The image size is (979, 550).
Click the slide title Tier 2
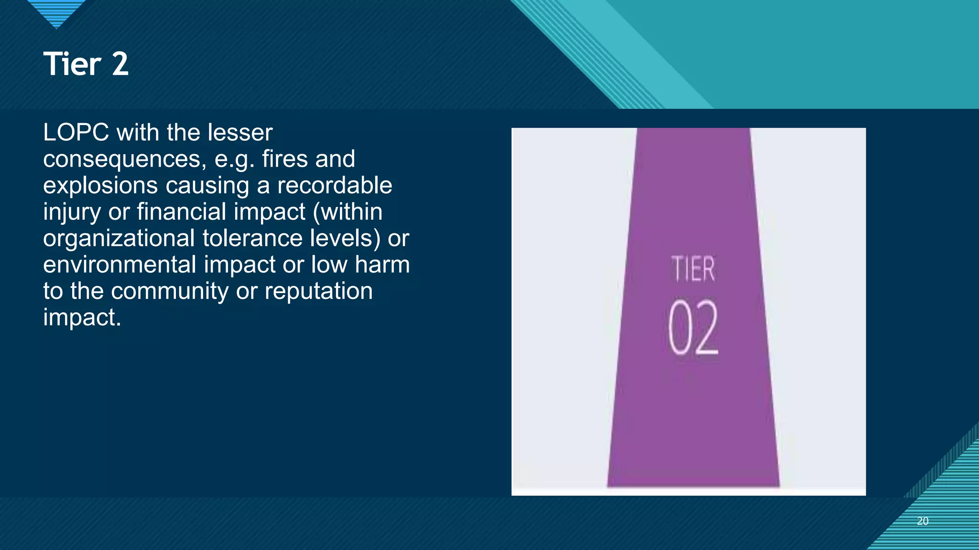point(86,64)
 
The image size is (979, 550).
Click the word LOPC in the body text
point(76,132)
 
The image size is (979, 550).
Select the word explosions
point(100,186)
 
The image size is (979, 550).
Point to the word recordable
point(335,185)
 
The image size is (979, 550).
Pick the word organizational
point(119,238)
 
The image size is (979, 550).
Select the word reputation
point(318,291)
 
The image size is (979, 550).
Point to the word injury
point(72,212)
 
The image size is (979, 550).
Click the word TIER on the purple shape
point(693,269)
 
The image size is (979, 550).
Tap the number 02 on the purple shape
point(693,328)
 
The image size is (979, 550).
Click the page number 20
point(923,521)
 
